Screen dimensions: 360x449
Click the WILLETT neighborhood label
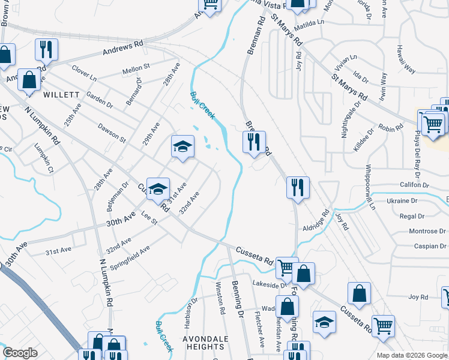coord(61,95)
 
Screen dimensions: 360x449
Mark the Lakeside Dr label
coord(267,285)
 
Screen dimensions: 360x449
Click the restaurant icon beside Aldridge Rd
coord(298,187)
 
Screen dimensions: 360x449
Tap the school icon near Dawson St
coord(182,146)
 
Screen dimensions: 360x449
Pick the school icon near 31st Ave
coord(158,189)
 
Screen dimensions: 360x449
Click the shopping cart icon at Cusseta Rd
coord(286,266)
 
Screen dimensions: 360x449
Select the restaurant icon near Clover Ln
coord(46,49)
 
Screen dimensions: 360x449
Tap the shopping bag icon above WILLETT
coord(28,79)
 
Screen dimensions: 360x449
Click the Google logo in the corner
coord(20,353)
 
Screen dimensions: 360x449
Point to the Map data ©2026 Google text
coord(411,355)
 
